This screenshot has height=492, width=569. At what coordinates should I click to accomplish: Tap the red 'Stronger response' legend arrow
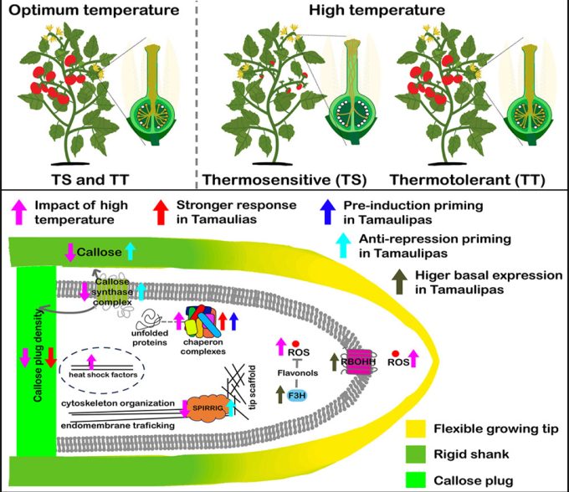click(161, 207)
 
